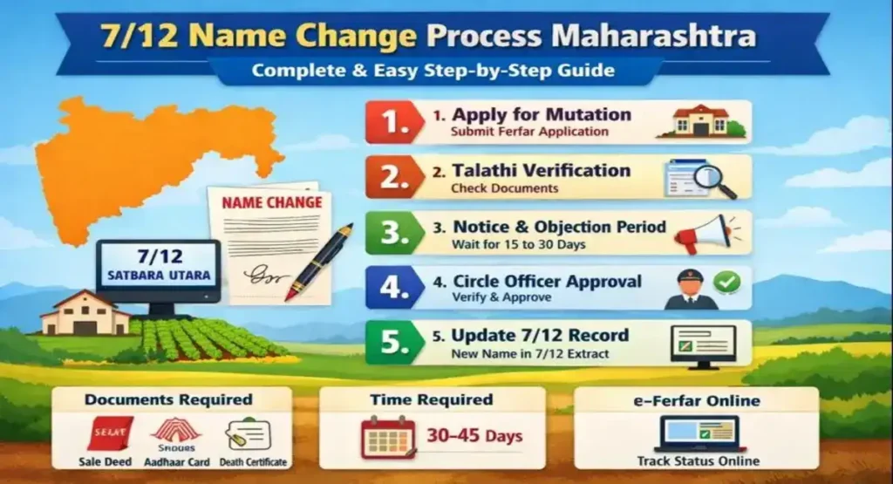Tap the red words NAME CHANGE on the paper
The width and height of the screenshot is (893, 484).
[271, 202]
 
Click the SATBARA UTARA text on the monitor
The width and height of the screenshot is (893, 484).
[158, 277]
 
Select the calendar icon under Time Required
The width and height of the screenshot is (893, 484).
[388, 437]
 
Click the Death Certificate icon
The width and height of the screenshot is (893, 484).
[249, 434]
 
